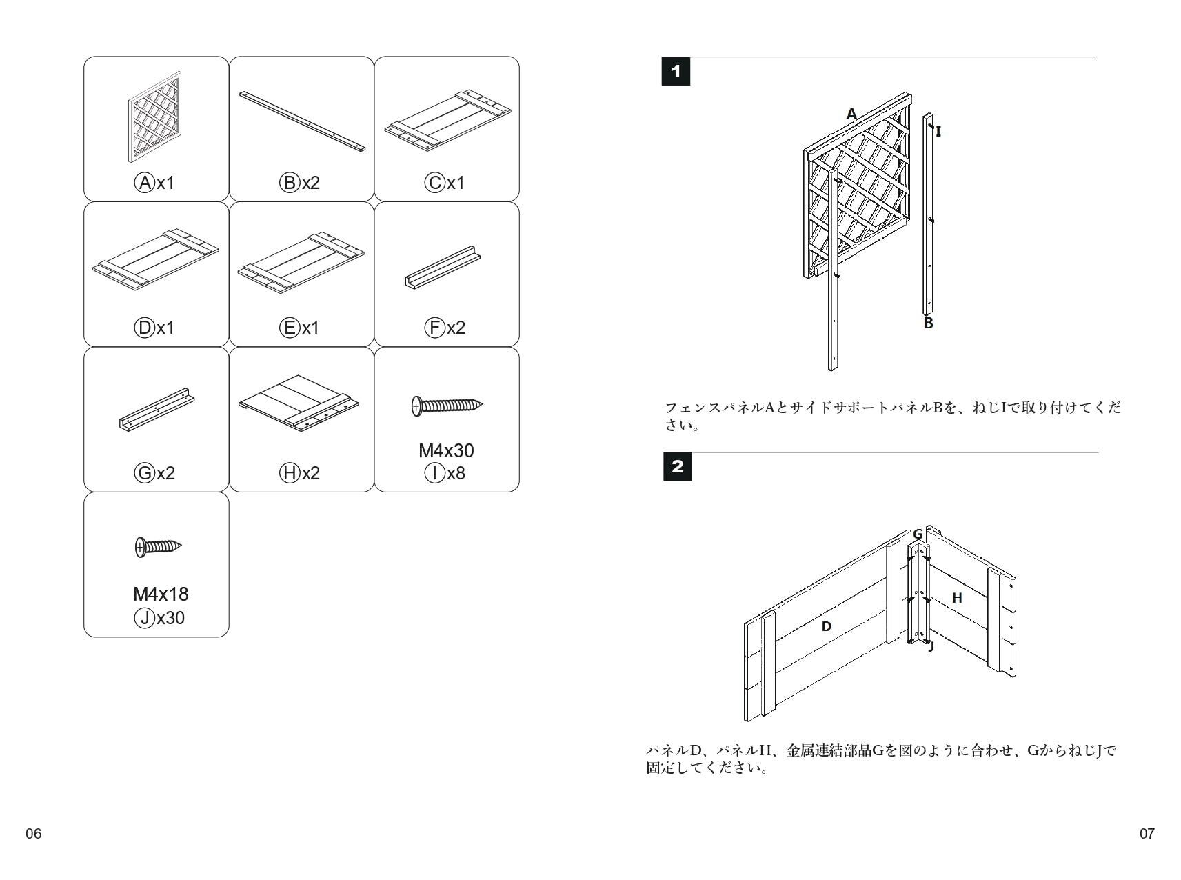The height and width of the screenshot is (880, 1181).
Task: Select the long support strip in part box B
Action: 302,121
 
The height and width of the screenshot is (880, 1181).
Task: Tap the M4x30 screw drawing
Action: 447,406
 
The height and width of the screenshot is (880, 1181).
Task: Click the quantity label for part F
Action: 445,328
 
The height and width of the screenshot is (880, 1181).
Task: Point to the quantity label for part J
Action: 159,618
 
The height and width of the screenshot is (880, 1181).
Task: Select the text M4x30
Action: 446,451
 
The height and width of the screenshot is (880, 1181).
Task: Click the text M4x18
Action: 161,594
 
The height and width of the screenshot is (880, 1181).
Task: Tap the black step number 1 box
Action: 676,72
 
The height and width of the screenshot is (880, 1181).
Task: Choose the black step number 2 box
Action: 677,467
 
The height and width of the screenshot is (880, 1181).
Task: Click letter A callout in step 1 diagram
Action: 851,114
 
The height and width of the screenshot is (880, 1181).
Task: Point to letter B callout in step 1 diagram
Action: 928,323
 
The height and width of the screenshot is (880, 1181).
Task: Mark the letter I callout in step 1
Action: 938,131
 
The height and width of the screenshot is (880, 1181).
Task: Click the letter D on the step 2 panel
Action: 826,626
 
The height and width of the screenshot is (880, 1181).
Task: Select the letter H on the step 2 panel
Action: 957,598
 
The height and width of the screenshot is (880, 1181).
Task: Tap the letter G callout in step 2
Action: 918,534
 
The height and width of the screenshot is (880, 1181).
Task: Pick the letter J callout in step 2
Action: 931,647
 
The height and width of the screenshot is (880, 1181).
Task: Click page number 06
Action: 33,834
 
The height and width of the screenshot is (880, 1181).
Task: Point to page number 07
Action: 1147,834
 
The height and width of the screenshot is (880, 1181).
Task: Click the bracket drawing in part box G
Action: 157,409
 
